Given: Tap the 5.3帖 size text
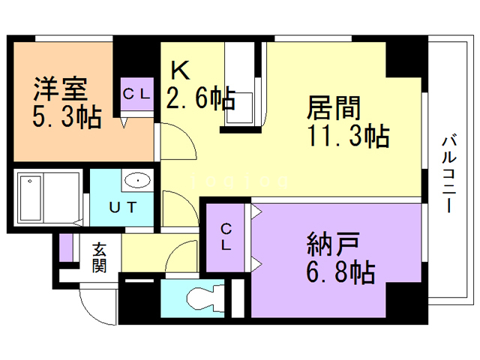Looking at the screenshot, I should pos(66,118).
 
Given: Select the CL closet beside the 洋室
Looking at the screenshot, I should pos(138,94).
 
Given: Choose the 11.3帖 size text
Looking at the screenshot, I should pos(346,136).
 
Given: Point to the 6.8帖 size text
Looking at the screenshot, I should pos(340,273).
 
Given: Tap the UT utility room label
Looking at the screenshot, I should pos(122,208).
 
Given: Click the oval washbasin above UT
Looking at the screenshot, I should pos(137,181).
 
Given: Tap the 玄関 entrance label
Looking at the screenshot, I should pos(100,256).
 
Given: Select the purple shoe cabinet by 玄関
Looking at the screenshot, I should pos(66,248).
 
